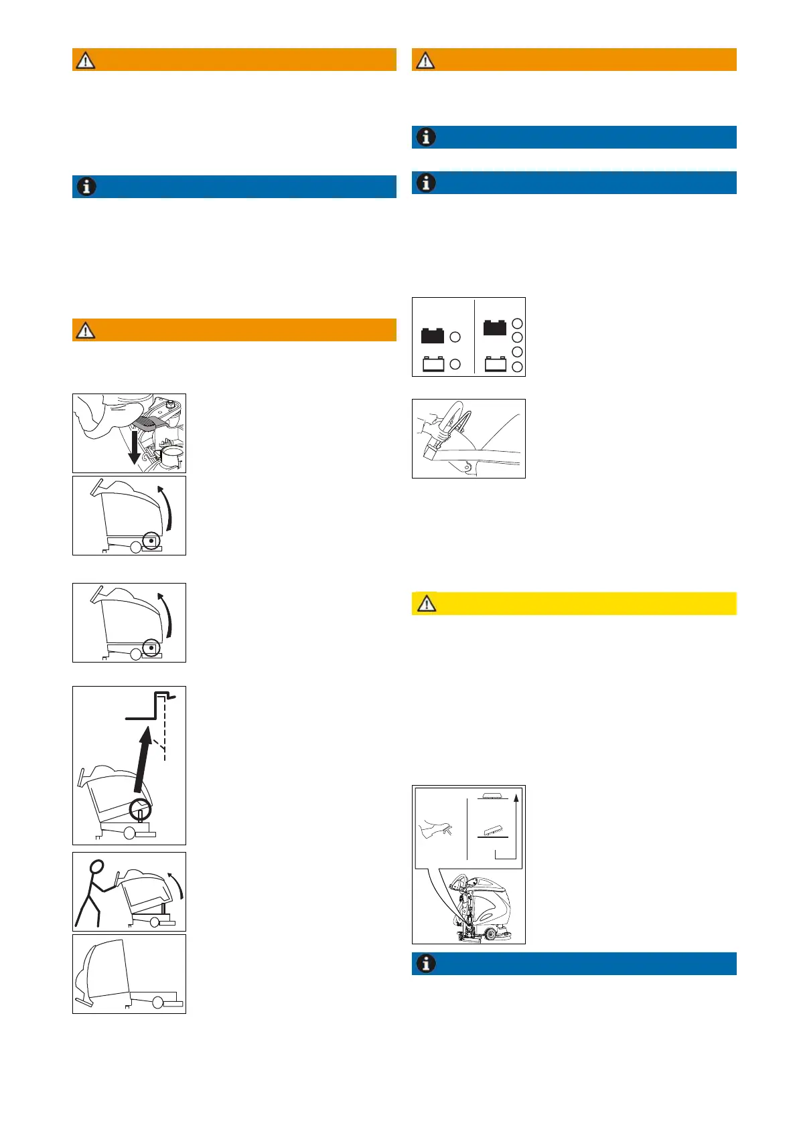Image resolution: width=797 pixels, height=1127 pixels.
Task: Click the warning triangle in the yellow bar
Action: click(427, 604)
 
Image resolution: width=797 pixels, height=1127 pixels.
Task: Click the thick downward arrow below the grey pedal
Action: click(134, 448)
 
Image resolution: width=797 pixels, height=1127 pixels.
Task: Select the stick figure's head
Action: click(98, 868)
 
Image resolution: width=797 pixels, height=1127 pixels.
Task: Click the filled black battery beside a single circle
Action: click(433, 335)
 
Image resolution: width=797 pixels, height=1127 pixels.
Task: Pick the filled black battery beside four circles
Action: click(495, 327)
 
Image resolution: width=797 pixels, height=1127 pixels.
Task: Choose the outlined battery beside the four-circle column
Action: click(496, 364)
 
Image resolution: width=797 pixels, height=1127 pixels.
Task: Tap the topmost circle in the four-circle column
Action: click(517, 323)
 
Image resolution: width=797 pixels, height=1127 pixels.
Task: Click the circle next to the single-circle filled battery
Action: click(455, 337)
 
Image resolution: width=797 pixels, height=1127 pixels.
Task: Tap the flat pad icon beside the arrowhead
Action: click(492, 796)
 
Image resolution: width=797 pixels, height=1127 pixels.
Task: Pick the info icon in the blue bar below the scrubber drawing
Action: click(426, 964)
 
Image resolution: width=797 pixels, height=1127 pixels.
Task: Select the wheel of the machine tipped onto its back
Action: click(157, 1003)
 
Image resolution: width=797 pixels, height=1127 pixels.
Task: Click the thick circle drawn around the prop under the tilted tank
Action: click(140, 810)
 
